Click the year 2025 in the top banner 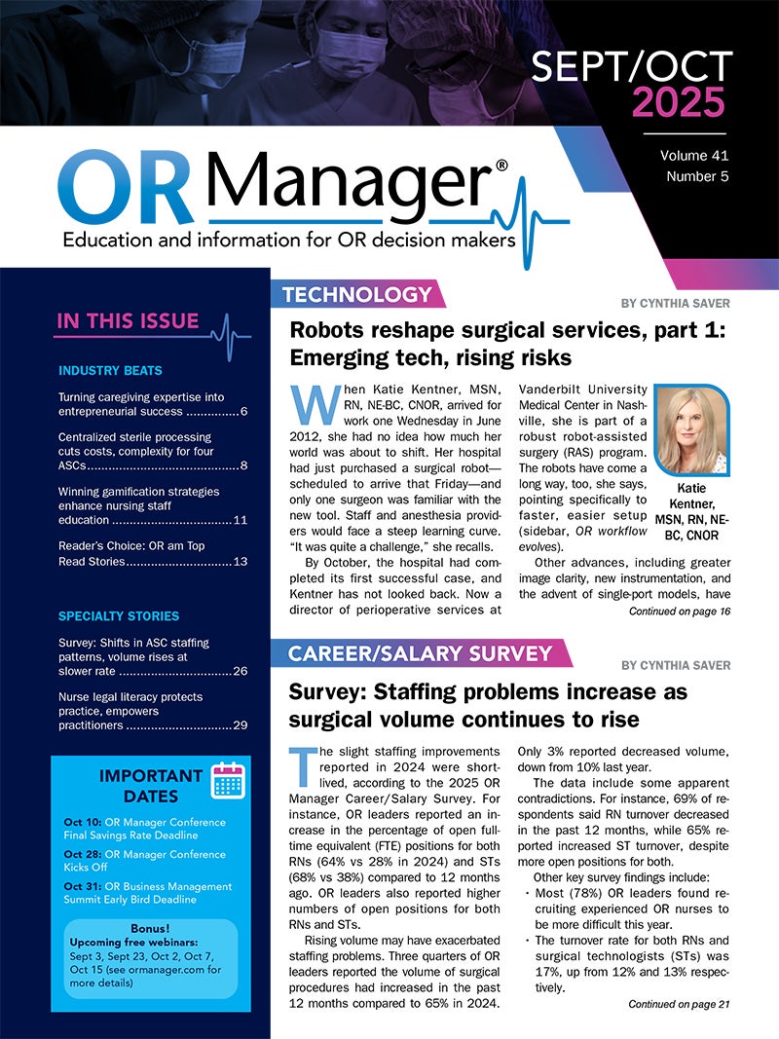pos(679,102)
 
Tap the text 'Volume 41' pos(694,156)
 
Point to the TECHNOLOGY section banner pos(356,294)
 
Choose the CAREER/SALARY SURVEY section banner pos(420,653)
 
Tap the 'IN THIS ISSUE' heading pos(128,320)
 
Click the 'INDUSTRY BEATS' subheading pos(110,370)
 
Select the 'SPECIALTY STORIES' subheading pos(119,616)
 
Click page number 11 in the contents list pos(241,519)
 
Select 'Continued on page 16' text pos(679,612)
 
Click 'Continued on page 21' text pos(679,1004)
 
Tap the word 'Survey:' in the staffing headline pos(329,692)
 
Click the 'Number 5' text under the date pos(698,176)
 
